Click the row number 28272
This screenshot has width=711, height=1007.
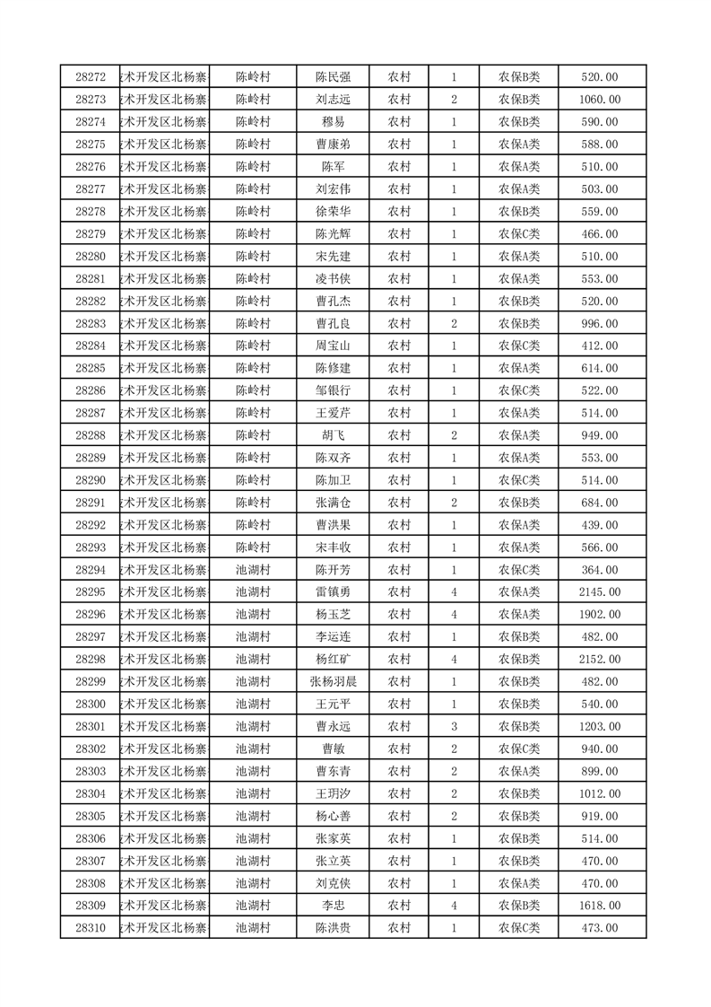pyautogui.click(x=91, y=77)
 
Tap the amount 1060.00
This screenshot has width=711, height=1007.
pyautogui.click(x=599, y=100)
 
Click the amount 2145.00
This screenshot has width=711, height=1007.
pyautogui.click(x=599, y=592)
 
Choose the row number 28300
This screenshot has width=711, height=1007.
pyautogui.click(x=91, y=705)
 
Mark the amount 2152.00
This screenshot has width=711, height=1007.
pyautogui.click(x=599, y=660)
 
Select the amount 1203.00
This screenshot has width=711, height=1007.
pyautogui.click(x=599, y=727)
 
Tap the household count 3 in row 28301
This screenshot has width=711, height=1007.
pyautogui.click(x=455, y=727)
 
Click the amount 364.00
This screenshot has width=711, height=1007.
pyautogui.click(x=599, y=570)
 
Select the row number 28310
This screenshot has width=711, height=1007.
pyautogui.click(x=91, y=928)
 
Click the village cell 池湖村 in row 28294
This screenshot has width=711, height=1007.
pyautogui.click(x=253, y=570)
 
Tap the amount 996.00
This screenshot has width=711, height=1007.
pyautogui.click(x=599, y=323)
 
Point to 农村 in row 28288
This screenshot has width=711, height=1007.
pyautogui.click(x=399, y=435)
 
